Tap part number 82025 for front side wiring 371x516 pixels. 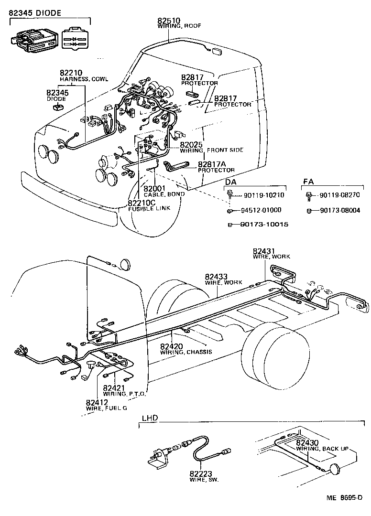click(x=191, y=144)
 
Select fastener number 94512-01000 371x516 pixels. click(x=261, y=210)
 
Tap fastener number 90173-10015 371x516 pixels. click(x=264, y=225)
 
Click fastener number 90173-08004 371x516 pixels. click(x=340, y=210)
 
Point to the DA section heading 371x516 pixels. click(x=230, y=182)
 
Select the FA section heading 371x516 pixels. click(x=308, y=182)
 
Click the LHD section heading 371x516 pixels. click(x=150, y=419)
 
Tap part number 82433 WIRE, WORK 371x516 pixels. click(x=216, y=277)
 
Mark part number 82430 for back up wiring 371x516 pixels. click(x=307, y=443)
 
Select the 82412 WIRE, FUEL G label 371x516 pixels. click(x=98, y=403)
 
